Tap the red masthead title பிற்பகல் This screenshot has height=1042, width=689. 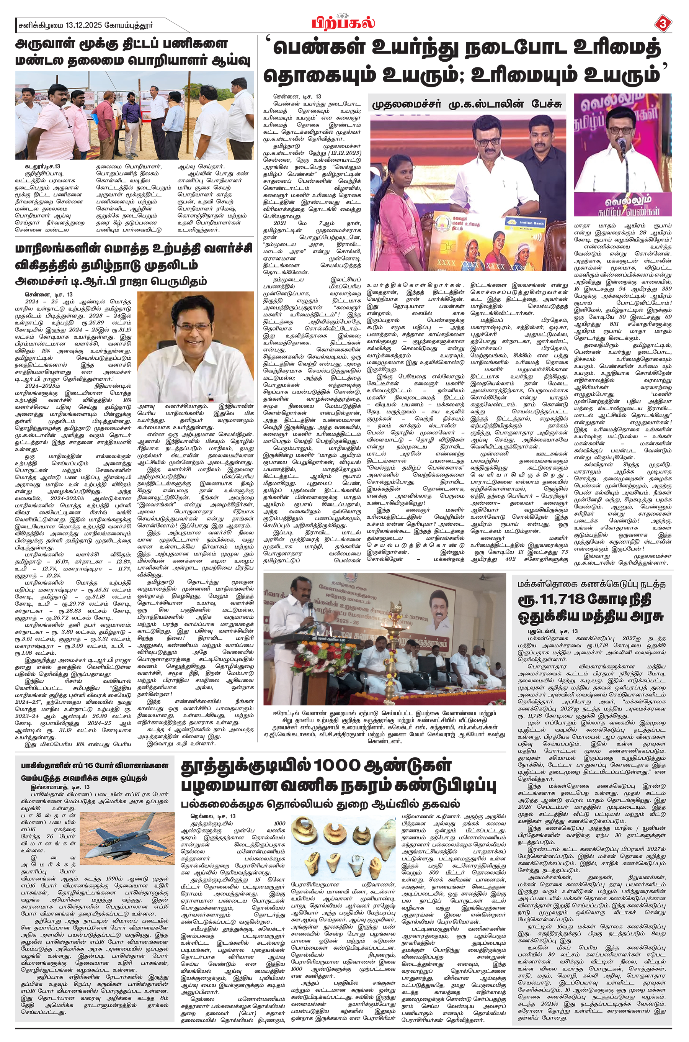344,21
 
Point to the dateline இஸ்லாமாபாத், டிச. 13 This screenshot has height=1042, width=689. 60,786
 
